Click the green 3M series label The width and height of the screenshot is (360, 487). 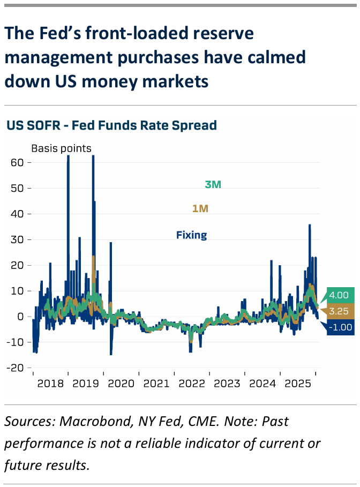(x=213, y=185)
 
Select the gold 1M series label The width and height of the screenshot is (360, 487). (x=200, y=209)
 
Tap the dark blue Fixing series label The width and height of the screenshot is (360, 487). (x=191, y=235)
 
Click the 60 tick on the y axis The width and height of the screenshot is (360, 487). (x=18, y=162)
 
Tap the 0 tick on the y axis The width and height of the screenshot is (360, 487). (x=21, y=316)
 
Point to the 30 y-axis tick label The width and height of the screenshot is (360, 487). (x=18, y=239)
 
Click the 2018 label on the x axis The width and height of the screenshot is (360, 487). (x=50, y=384)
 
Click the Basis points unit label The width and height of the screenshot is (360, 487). (x=61, y=148)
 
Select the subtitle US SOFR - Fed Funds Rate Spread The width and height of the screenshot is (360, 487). (x=111, y=125)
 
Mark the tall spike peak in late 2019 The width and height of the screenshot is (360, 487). (x=93, y=156)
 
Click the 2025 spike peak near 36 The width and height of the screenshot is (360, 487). (x=310, y=225)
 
